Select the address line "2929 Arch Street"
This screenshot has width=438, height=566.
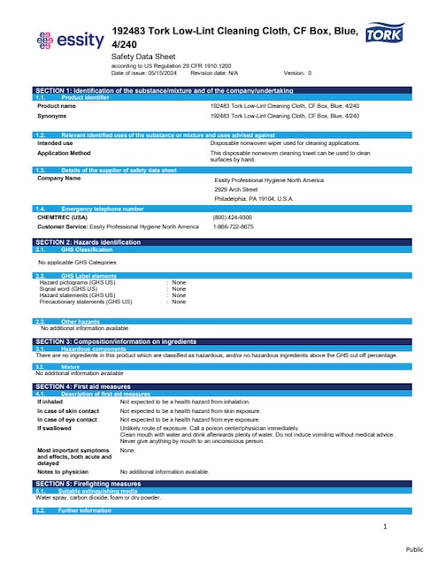pos(236,189)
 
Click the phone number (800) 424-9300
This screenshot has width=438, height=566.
pos(232,218)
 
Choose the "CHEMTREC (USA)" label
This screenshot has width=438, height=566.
pos(62,218)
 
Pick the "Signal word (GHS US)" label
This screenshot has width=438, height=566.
pos(74,288)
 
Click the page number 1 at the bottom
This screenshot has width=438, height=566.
pos(386,527)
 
